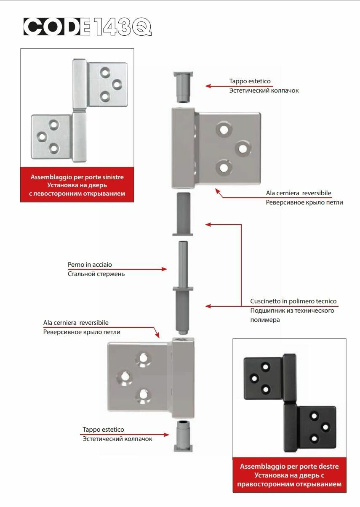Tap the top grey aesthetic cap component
click(183, 87)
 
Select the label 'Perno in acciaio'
click(90, 265)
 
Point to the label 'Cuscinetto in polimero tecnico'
click(293, 301)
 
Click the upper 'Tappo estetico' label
click(250, 81)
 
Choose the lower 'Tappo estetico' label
click(103, 430)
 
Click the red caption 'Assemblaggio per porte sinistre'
click(77, 177)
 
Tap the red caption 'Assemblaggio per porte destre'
click(289, 466)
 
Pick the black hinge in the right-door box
click(290, 403)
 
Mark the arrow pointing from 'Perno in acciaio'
click(152, 269)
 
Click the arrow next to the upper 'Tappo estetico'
click(217, 86)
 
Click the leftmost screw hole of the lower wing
click(124, 377)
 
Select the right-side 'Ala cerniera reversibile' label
click(299, 193)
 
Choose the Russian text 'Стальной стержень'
click(96, 274)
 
